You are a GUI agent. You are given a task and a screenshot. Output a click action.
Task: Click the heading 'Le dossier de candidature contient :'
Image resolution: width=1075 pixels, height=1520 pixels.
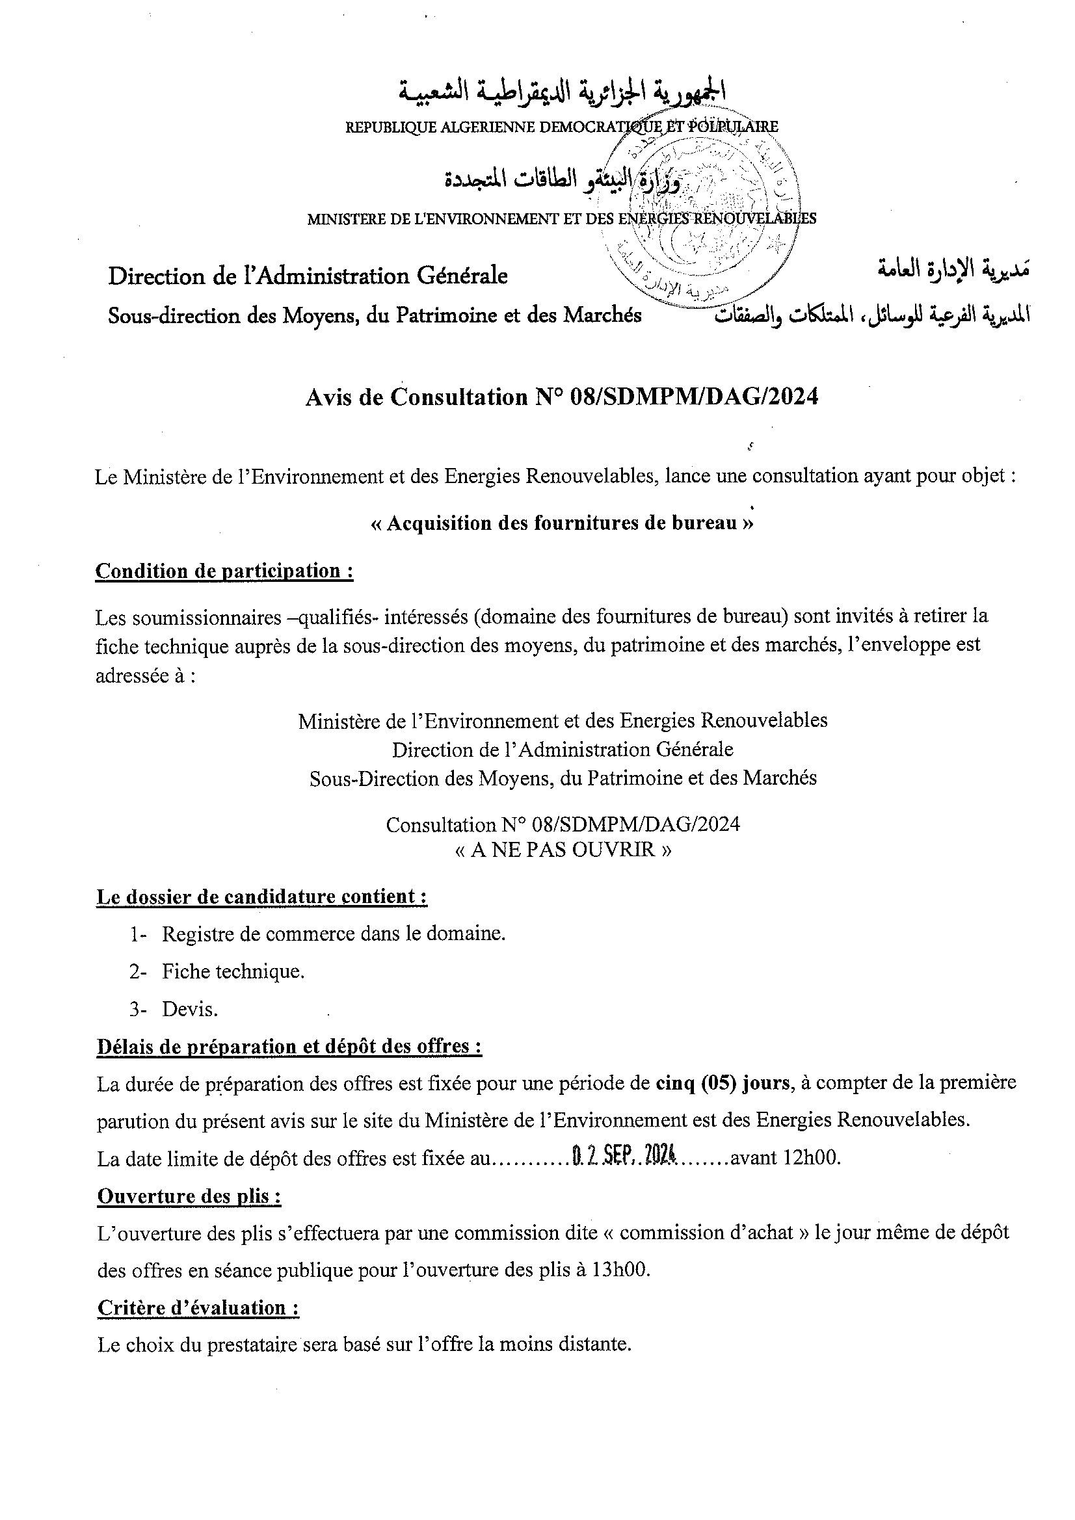[261, 897]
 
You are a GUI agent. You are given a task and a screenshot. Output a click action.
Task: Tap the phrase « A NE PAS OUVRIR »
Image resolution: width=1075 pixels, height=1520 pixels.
[563, 849]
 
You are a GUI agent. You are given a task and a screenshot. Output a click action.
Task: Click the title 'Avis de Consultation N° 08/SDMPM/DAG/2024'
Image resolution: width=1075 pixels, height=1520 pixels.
[562, 397]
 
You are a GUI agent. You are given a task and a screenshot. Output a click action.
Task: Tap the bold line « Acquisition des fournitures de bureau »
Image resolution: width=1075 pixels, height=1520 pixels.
[562, 523]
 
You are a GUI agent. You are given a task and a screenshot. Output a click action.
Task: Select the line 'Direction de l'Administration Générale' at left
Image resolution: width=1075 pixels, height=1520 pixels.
[308, 276]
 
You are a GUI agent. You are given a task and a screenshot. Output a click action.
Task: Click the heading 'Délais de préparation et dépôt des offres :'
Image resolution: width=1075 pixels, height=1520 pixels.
[289, 1046]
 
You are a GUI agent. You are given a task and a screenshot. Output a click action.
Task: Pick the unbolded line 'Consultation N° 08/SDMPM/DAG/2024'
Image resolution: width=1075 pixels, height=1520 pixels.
[563, 824]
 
